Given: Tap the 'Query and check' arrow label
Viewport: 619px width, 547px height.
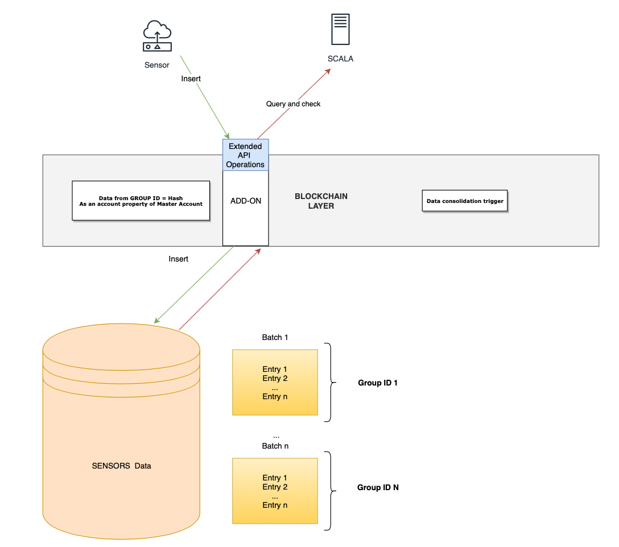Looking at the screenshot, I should pyautogui.click(x=293, y=104).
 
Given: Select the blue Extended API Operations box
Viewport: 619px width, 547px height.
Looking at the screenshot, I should pyautogui.click(x=246, y=155).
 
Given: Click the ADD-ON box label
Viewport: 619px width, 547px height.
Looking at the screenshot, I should pyautogui.click(x=246, y=201).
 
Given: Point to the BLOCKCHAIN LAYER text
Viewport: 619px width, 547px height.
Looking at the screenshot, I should pyautogui.click(x=321, y=201).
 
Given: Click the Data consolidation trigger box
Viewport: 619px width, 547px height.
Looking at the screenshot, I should pyautogui.click(x=465, y=201).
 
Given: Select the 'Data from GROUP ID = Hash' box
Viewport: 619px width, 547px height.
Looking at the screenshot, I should pyautogui.click(x=141, y=201).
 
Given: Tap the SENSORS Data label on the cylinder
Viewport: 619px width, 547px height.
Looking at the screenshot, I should pyautogui.click(x=121, y=466).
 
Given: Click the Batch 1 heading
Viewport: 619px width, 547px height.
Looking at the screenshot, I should pyautogui.click(x=275, y=337).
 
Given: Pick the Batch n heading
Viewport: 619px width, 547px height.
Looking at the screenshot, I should pyautogui.click(x=275, y=446).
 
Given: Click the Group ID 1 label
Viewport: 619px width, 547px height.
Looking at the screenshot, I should pyautogui.click(x=377, y=383).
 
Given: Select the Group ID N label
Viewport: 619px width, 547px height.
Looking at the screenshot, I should pyautogui.click(x=377, y=487).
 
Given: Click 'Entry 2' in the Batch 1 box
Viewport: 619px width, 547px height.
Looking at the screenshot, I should pyautogui.click(x=275, y=378).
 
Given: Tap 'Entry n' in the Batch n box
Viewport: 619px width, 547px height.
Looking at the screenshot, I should pyautogui.click(x=275, y=505).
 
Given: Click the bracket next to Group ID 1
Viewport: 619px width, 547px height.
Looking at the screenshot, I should pyautogui.click(x=330, y=382).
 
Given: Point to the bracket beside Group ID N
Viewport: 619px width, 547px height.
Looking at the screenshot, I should pyautogui.click(x=330, y=491).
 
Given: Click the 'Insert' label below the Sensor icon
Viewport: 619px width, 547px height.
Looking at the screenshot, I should pyautogui.click(x=191, y=78).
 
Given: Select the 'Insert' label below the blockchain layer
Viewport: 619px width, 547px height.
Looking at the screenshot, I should pyautogui.click(x=178, y=259).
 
